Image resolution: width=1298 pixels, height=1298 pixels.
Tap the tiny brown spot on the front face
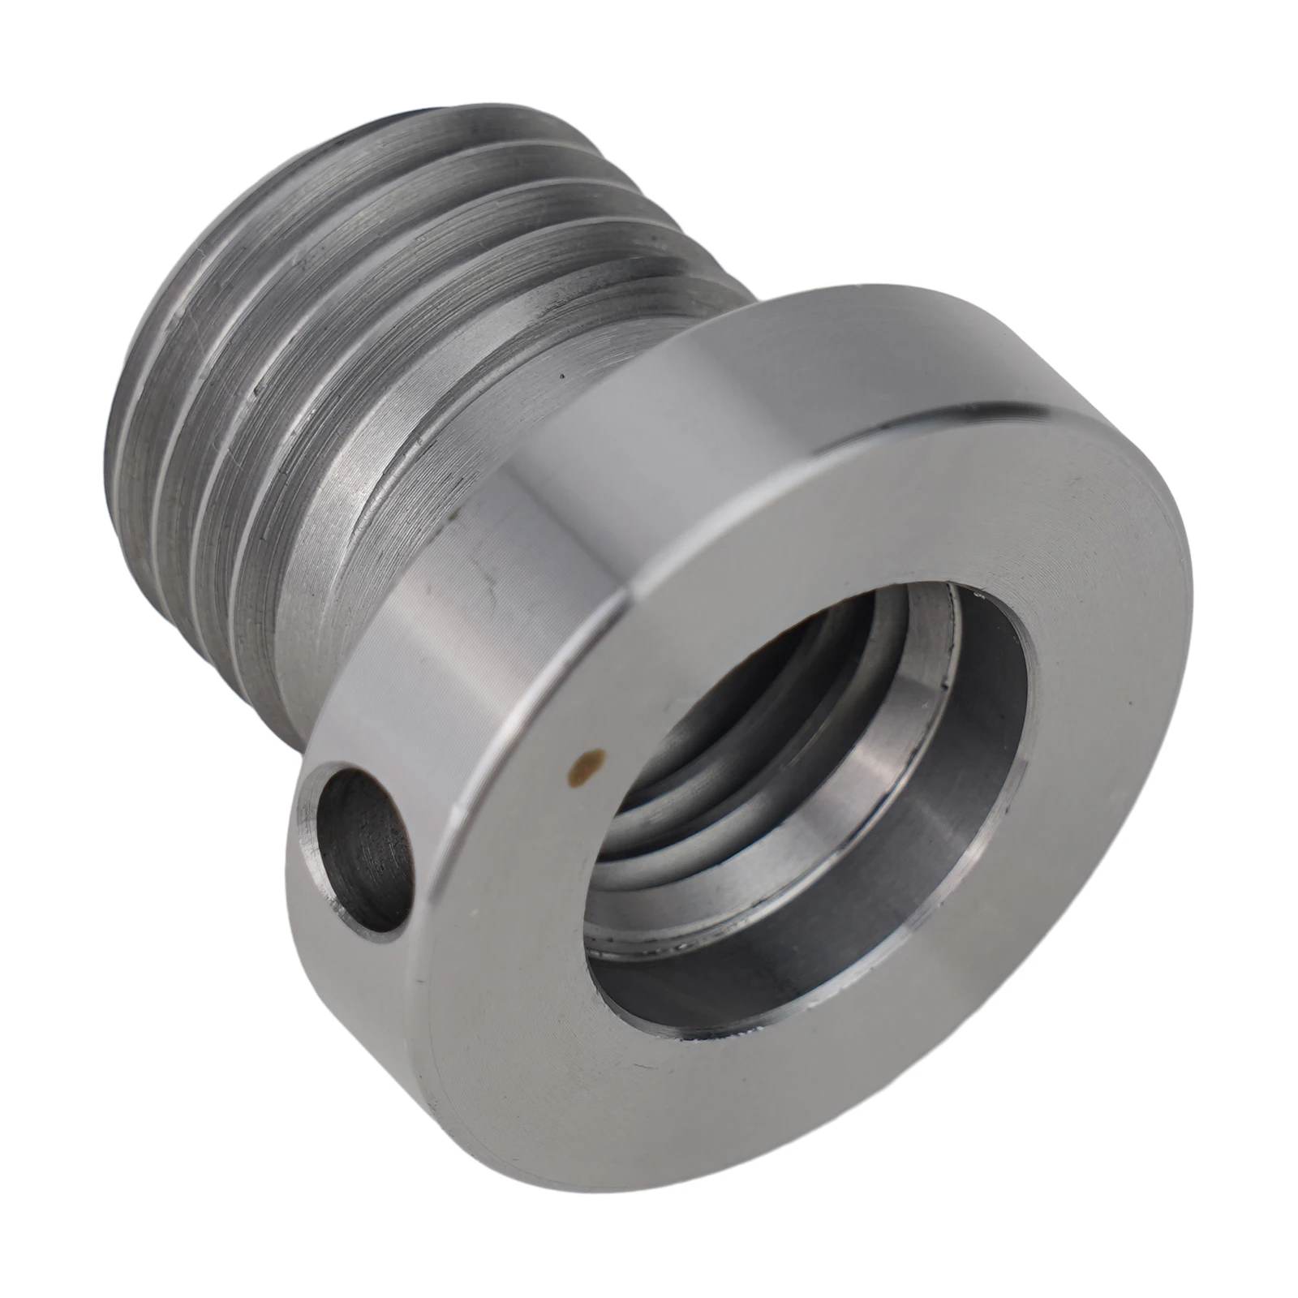tap(584, 759)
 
